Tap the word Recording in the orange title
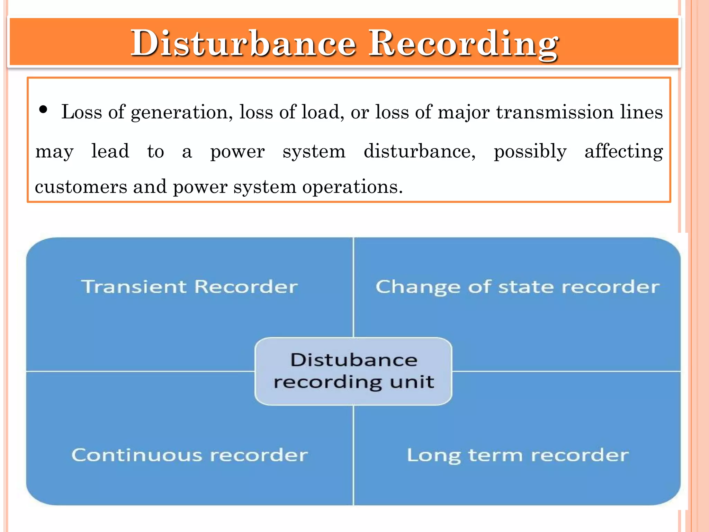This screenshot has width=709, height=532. click(463, 44)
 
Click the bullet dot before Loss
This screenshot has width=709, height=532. click(43, 110)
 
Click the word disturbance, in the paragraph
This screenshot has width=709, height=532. click(419, 151)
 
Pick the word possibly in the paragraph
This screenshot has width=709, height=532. click(530, 152)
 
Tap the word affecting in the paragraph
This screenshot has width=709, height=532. click(623, 152)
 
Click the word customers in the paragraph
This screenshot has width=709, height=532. click(81, 187)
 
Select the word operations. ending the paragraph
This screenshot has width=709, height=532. click(352, 187)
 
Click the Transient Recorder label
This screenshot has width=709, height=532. click(189, 287)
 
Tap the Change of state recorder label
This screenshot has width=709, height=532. click(518, 287)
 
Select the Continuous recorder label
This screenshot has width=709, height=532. click(189, 455)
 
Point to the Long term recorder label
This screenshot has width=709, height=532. click(518, 455)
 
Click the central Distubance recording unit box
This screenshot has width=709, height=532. click(353, 371)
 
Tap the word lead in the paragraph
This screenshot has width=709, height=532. click(110, 151)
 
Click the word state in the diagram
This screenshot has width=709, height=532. click(526, 287)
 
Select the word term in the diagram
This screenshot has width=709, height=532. click(495, 455)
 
